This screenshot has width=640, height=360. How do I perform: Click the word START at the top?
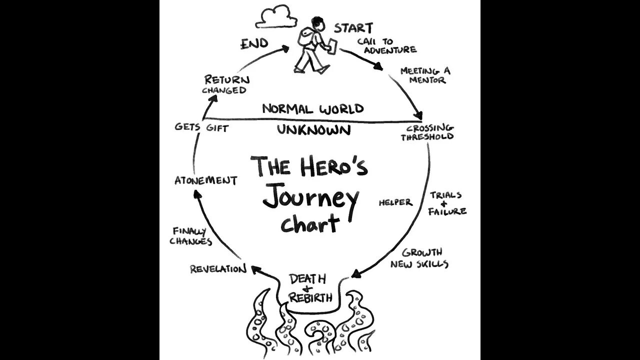353,28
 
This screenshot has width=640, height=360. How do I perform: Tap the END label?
254,44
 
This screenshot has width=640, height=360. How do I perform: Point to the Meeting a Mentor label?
424,75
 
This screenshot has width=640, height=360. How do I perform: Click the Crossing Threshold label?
426,132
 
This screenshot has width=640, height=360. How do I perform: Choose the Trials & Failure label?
446,203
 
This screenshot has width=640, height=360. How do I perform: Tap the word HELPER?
395,202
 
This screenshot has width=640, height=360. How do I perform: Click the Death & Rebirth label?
310,288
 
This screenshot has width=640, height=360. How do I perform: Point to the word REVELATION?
218,269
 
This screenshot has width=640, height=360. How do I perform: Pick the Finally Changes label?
190,236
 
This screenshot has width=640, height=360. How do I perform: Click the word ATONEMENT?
205,180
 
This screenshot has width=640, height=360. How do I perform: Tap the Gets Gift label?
201,127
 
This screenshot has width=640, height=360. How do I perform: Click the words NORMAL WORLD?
313,108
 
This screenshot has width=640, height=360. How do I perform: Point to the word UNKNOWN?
313,130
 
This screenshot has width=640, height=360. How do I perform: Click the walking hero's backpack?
306,36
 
